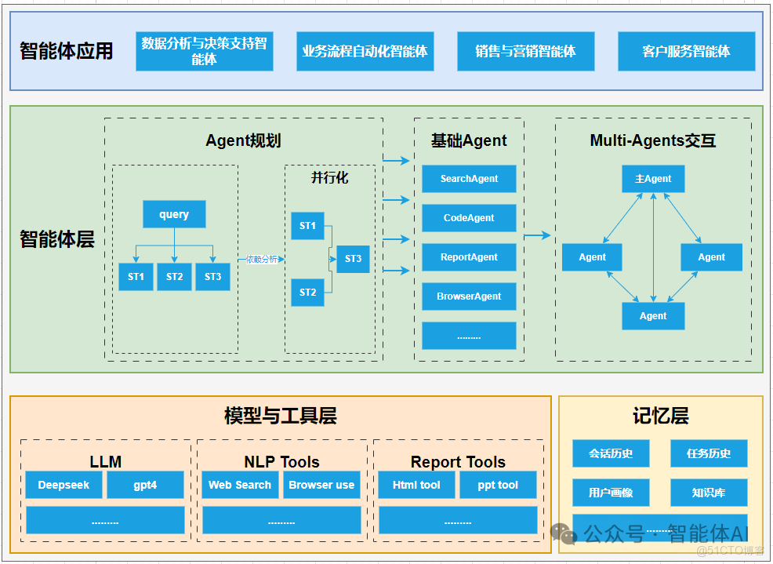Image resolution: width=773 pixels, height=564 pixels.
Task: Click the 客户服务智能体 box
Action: click(686, 52)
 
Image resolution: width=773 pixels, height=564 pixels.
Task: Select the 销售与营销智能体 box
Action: click(525, 52)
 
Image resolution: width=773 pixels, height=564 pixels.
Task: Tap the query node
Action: click(174, 215)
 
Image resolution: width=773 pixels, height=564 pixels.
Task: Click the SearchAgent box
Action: click(469, 179)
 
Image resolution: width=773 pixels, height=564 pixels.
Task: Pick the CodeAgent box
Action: click(469, 218)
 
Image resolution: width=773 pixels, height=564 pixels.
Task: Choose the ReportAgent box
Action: click(469, 257)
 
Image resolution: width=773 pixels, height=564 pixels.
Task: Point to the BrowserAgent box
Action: click(469, 297)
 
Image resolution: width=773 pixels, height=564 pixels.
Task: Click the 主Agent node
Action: click(653, 179)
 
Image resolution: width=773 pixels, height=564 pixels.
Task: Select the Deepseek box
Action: click(64, 485)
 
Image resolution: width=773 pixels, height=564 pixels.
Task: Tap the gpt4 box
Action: click(145, 485)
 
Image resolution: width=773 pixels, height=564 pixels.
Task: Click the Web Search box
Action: click(240, 485)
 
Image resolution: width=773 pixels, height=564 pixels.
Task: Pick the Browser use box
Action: click(321, 485)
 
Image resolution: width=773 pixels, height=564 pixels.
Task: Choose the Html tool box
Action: click(416, 485)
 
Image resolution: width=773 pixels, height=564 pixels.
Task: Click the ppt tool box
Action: click(498, 485)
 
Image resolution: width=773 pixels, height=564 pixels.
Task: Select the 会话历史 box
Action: click(611, 453)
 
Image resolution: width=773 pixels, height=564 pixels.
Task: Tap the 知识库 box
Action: click(709, 493)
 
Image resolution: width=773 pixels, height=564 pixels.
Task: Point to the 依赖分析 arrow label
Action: click(262, 260)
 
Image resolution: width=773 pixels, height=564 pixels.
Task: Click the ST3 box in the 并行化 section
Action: click(353, 259)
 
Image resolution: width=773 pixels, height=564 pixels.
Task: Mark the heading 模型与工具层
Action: click(280, 417)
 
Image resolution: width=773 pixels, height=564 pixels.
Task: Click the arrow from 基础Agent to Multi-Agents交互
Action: click(537, 235)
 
